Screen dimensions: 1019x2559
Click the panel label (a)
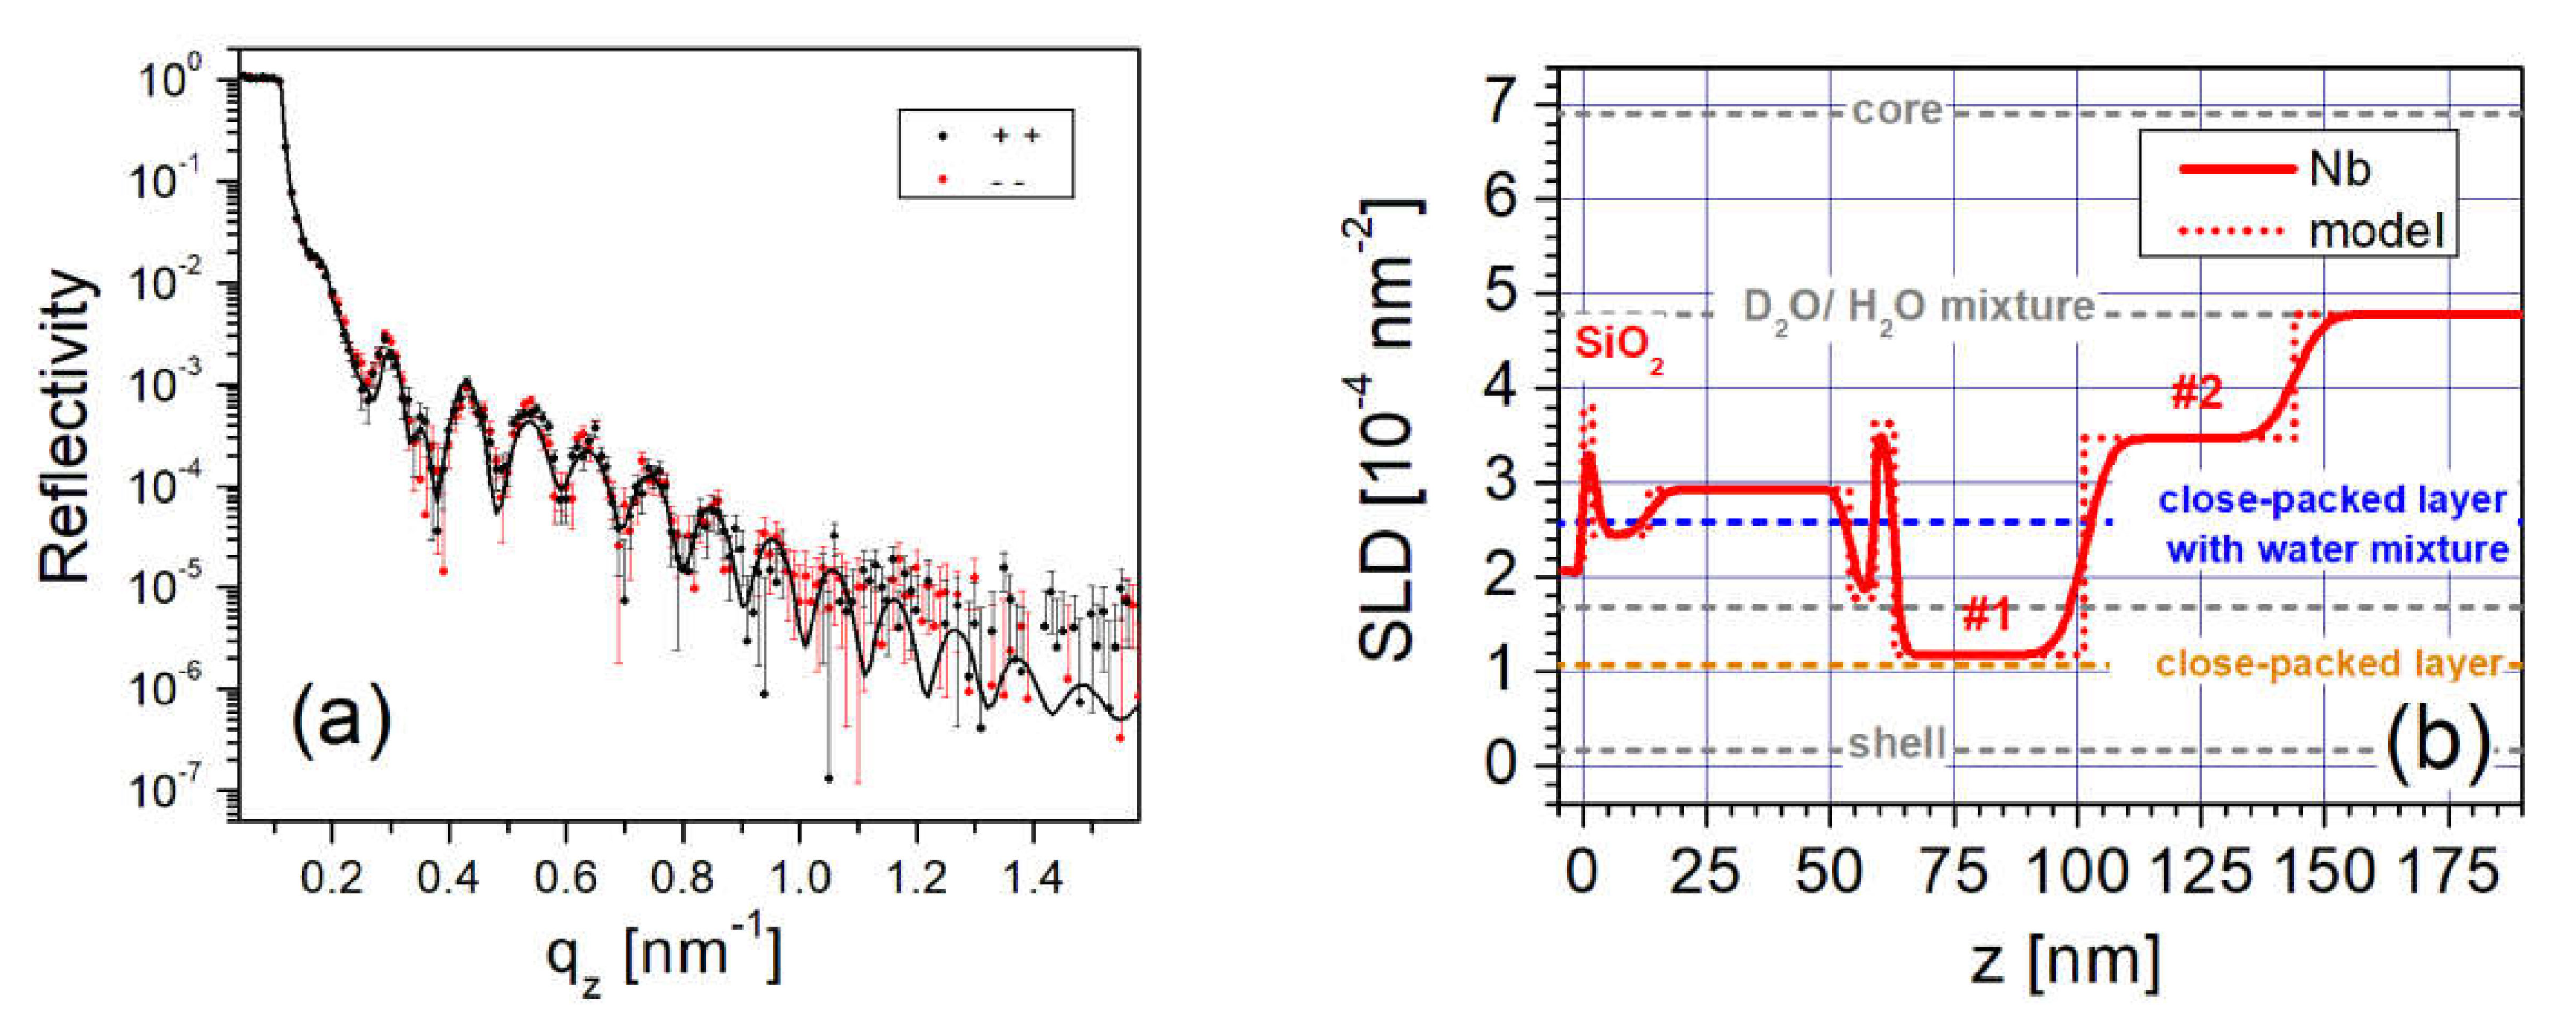click(x=341, y=722)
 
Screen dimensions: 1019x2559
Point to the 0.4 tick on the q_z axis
click(x=448, y=877)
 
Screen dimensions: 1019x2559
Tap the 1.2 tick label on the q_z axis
click(x=916, y=877)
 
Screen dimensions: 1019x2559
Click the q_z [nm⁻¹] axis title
click(x=664, y=957)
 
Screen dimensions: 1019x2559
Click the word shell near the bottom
click(x=1895, y=744)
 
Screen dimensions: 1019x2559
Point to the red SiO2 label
click(x=1618, y=347)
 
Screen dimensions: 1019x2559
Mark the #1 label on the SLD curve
click(x=1987, y=617)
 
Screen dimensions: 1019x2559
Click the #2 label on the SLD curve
click(x=2195, y=393)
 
